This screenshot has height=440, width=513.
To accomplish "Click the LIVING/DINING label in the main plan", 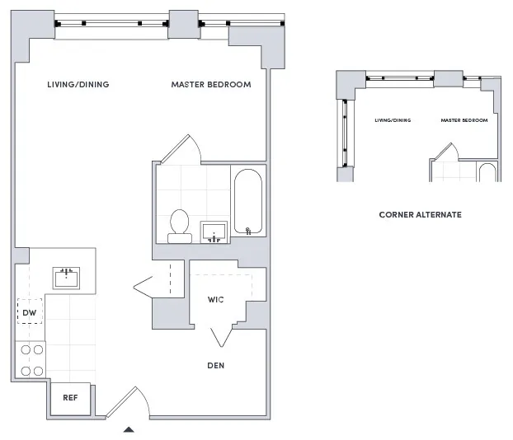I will (78, 85).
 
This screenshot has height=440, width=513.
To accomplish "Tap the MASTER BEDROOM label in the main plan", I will (211, 85).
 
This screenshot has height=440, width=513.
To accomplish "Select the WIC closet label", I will (216, 300).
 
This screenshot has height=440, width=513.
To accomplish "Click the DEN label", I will (216, 365).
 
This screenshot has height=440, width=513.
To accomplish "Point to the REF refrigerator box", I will (71, 398).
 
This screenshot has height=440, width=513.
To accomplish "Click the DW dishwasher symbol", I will (29, 312).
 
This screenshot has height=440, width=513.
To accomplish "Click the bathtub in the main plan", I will (247, 203).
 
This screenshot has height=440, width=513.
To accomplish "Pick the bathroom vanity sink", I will (214, 232).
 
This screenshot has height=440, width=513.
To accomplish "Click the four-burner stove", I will (31, 360).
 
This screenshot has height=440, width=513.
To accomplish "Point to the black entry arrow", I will (128, 428).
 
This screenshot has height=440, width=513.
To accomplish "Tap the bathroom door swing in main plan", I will (181, 147).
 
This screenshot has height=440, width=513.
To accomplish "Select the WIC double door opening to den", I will (221, 336).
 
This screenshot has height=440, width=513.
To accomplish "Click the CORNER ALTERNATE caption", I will (420, 215).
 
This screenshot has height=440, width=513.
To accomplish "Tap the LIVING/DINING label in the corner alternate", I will (393, 120).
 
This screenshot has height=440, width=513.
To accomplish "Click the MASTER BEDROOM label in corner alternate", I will (464, 120).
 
